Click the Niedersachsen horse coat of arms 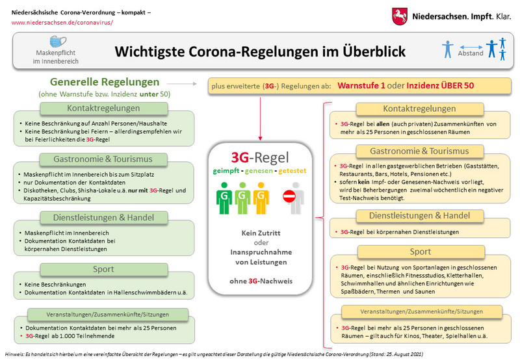pos(400,17)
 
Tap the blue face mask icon pos(58,42)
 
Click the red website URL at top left pos(62,23)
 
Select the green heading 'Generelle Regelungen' pos(105,81)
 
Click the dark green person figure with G pos(224,198)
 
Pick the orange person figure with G pos(261,198)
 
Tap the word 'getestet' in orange pos(292,171)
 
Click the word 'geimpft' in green pos(226,171)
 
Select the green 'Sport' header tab pos(104,269)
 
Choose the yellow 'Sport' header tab pos(421,251)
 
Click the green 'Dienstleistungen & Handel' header pos(104,218)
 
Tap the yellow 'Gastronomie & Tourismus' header pos(419,151)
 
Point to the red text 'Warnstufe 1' pos(361,86)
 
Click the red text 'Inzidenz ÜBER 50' pos(440,86)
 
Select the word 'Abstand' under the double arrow pos(471,53)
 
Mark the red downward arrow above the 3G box pos(261,119)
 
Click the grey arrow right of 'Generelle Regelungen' pos(182,84)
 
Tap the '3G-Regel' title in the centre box pos(260,157)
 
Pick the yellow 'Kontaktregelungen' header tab pos(419,109)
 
